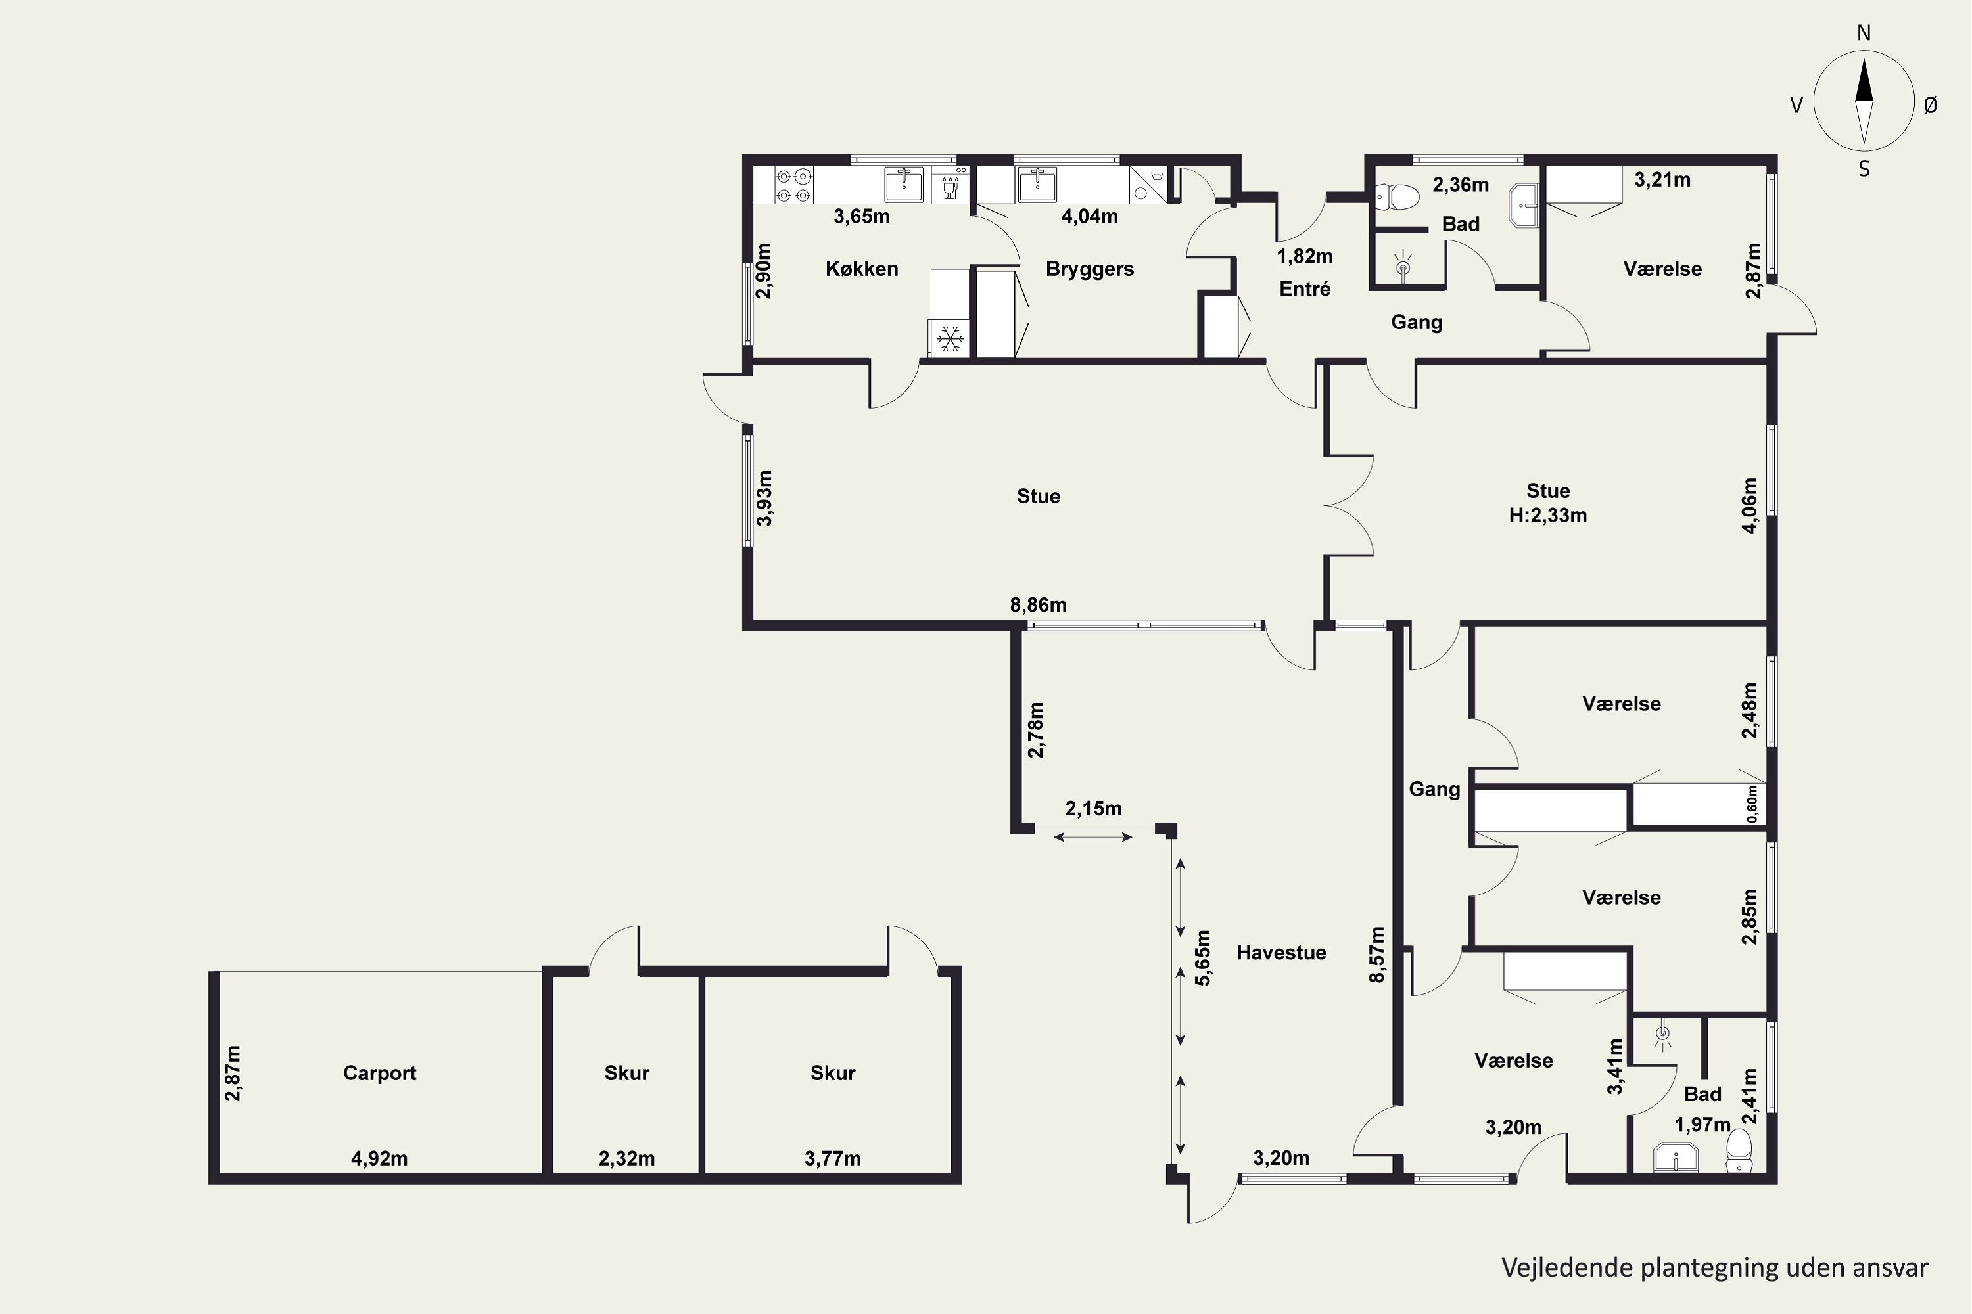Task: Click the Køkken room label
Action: pos(862,269)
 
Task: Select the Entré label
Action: pos(1305,289)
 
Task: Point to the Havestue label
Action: pos(1281,953)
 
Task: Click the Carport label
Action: pos(379,1074)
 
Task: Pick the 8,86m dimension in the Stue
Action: pos(1038,605)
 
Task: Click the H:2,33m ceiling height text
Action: pos(1548,515)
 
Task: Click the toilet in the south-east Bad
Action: pos(1739,1150)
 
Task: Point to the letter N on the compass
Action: pos(1864,34)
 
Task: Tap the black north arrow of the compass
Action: pos(1864,80)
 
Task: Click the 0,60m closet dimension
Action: pos(1752,804)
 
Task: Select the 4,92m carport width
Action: pos(379,1159)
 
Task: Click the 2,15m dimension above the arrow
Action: pos(1093,809)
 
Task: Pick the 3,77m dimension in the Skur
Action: pos(833,1159)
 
